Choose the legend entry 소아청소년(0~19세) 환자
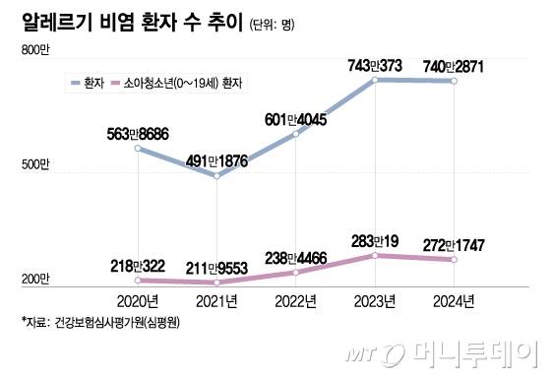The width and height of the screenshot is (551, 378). [186, 84]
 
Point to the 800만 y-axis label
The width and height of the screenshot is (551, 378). [35, 50]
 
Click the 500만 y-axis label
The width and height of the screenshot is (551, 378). [35, 165]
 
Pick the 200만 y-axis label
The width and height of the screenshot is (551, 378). [35, 280]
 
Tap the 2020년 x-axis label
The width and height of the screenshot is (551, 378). [138, 297]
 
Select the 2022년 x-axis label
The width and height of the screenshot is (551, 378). [296, 297]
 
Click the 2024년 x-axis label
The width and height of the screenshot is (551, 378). [455, 297]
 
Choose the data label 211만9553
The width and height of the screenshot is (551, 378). [216, 264]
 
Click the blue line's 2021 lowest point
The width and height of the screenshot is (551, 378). [217, 175]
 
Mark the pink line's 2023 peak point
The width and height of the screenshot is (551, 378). [375, 255]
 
